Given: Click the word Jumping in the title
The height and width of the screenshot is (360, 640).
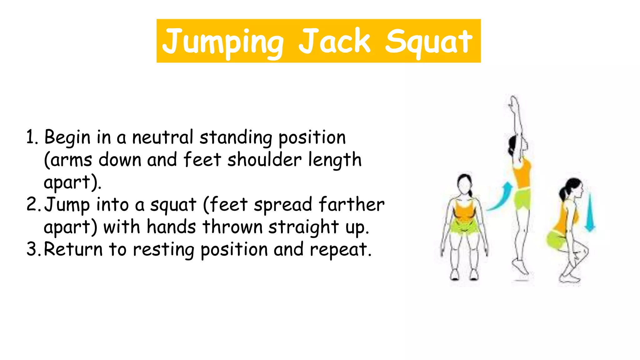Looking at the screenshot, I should (x=223, y=41).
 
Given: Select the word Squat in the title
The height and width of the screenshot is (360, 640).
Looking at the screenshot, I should (x=428, y=42).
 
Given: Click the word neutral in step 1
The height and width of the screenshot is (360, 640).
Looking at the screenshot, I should (x=162, y=137).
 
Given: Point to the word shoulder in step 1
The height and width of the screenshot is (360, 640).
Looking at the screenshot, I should (x=264, y=160).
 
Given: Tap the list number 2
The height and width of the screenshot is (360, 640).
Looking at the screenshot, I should (x=32, y=205).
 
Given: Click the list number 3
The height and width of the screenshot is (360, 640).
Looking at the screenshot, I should (x=32, y=249).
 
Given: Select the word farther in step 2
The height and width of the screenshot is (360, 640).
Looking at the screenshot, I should (x=352, y=205).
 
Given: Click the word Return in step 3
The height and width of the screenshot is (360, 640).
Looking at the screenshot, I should (x=73, y=249).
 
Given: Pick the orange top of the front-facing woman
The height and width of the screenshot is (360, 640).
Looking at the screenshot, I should (x=464, y=211).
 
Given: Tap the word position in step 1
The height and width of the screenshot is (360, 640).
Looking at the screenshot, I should (x=312, y=138).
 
